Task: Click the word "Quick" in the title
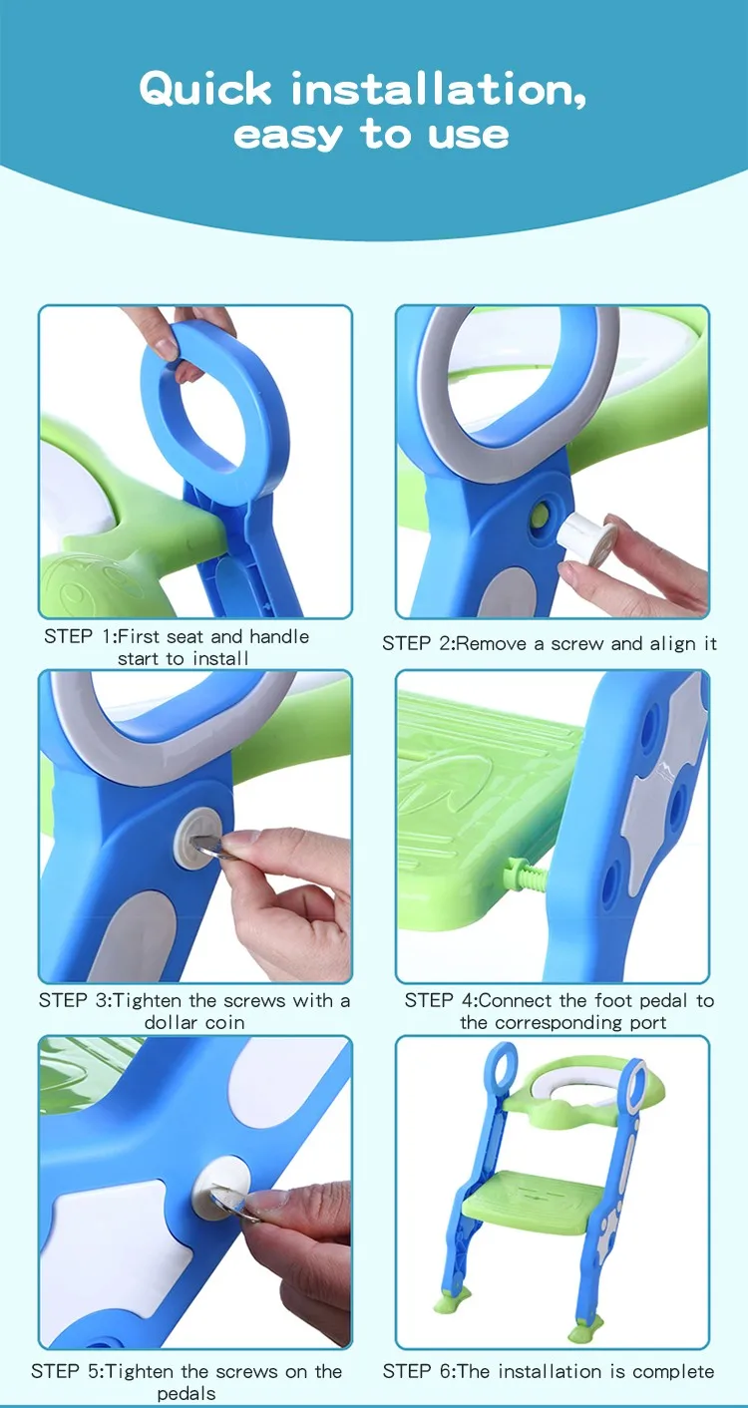205,90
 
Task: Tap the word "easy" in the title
288,136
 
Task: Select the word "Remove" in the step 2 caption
492,643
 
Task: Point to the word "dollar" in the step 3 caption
171,1022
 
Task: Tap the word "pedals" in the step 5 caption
187,1394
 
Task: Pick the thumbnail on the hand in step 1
166,347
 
